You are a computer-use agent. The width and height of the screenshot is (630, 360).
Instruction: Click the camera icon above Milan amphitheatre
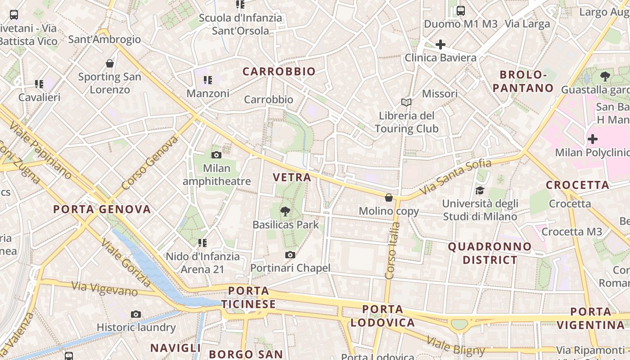pyautogui.click(x=216, y=155)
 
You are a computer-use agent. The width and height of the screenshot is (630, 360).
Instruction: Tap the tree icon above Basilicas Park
pyautogui.click(x=285, y=211)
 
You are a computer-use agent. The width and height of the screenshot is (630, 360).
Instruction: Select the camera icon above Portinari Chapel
pyautogui.click(x=290, y=255)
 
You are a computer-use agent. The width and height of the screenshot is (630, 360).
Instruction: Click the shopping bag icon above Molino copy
pyautogui.click(x=389, y=198)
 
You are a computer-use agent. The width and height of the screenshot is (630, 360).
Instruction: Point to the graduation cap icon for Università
pyautogui.click(x=480, y=190)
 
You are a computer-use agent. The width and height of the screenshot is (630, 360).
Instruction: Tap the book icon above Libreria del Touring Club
pyautogui.click(x=406, y=103)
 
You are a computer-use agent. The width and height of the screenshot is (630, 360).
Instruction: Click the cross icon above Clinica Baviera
pyautogui.click(x=441, y=45)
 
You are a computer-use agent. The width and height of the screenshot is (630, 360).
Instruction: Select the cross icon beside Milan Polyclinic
pyautogui.click(x=593, y=139)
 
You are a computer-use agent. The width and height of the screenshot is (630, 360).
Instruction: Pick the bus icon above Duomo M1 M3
pyautogui.click(x=460, y=11)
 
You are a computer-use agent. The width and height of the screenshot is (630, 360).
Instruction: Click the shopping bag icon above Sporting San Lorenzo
pyautogui.click(x=110, y=63)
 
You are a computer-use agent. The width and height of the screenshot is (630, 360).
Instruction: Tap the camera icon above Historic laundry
pyautogui.click(x=136, y=314)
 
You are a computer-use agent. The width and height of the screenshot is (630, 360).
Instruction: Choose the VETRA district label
pyautogui.click(x=292, y=177)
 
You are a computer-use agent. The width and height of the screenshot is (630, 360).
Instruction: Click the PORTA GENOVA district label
pyautogui.click(x=102, y=209)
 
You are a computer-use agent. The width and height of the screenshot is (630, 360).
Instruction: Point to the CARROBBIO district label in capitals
pyautogui.click(x=279, y=72)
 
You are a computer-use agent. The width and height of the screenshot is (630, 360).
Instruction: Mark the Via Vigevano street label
pyautogui.click(x=104, y=288)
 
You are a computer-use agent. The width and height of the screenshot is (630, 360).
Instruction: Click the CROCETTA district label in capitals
pyautogui.click(x=577, y=185)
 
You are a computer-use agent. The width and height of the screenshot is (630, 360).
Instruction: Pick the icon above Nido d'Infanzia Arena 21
pyautogui.click(x=202, y=243)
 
